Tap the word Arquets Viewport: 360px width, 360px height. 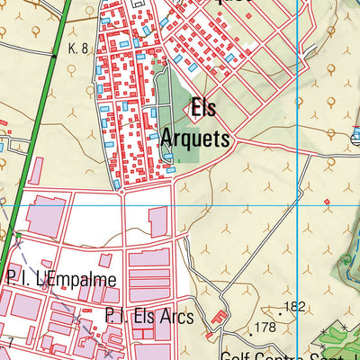click(x=196, y=139)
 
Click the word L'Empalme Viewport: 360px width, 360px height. click(x=76, y=280)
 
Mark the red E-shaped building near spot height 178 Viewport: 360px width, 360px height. click(x=218, y=319)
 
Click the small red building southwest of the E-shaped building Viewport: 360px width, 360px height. click(x=209, y=335)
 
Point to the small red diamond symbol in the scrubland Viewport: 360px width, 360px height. click(x=327, y=201)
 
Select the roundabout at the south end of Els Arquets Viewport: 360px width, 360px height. click(x=122, y=191)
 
